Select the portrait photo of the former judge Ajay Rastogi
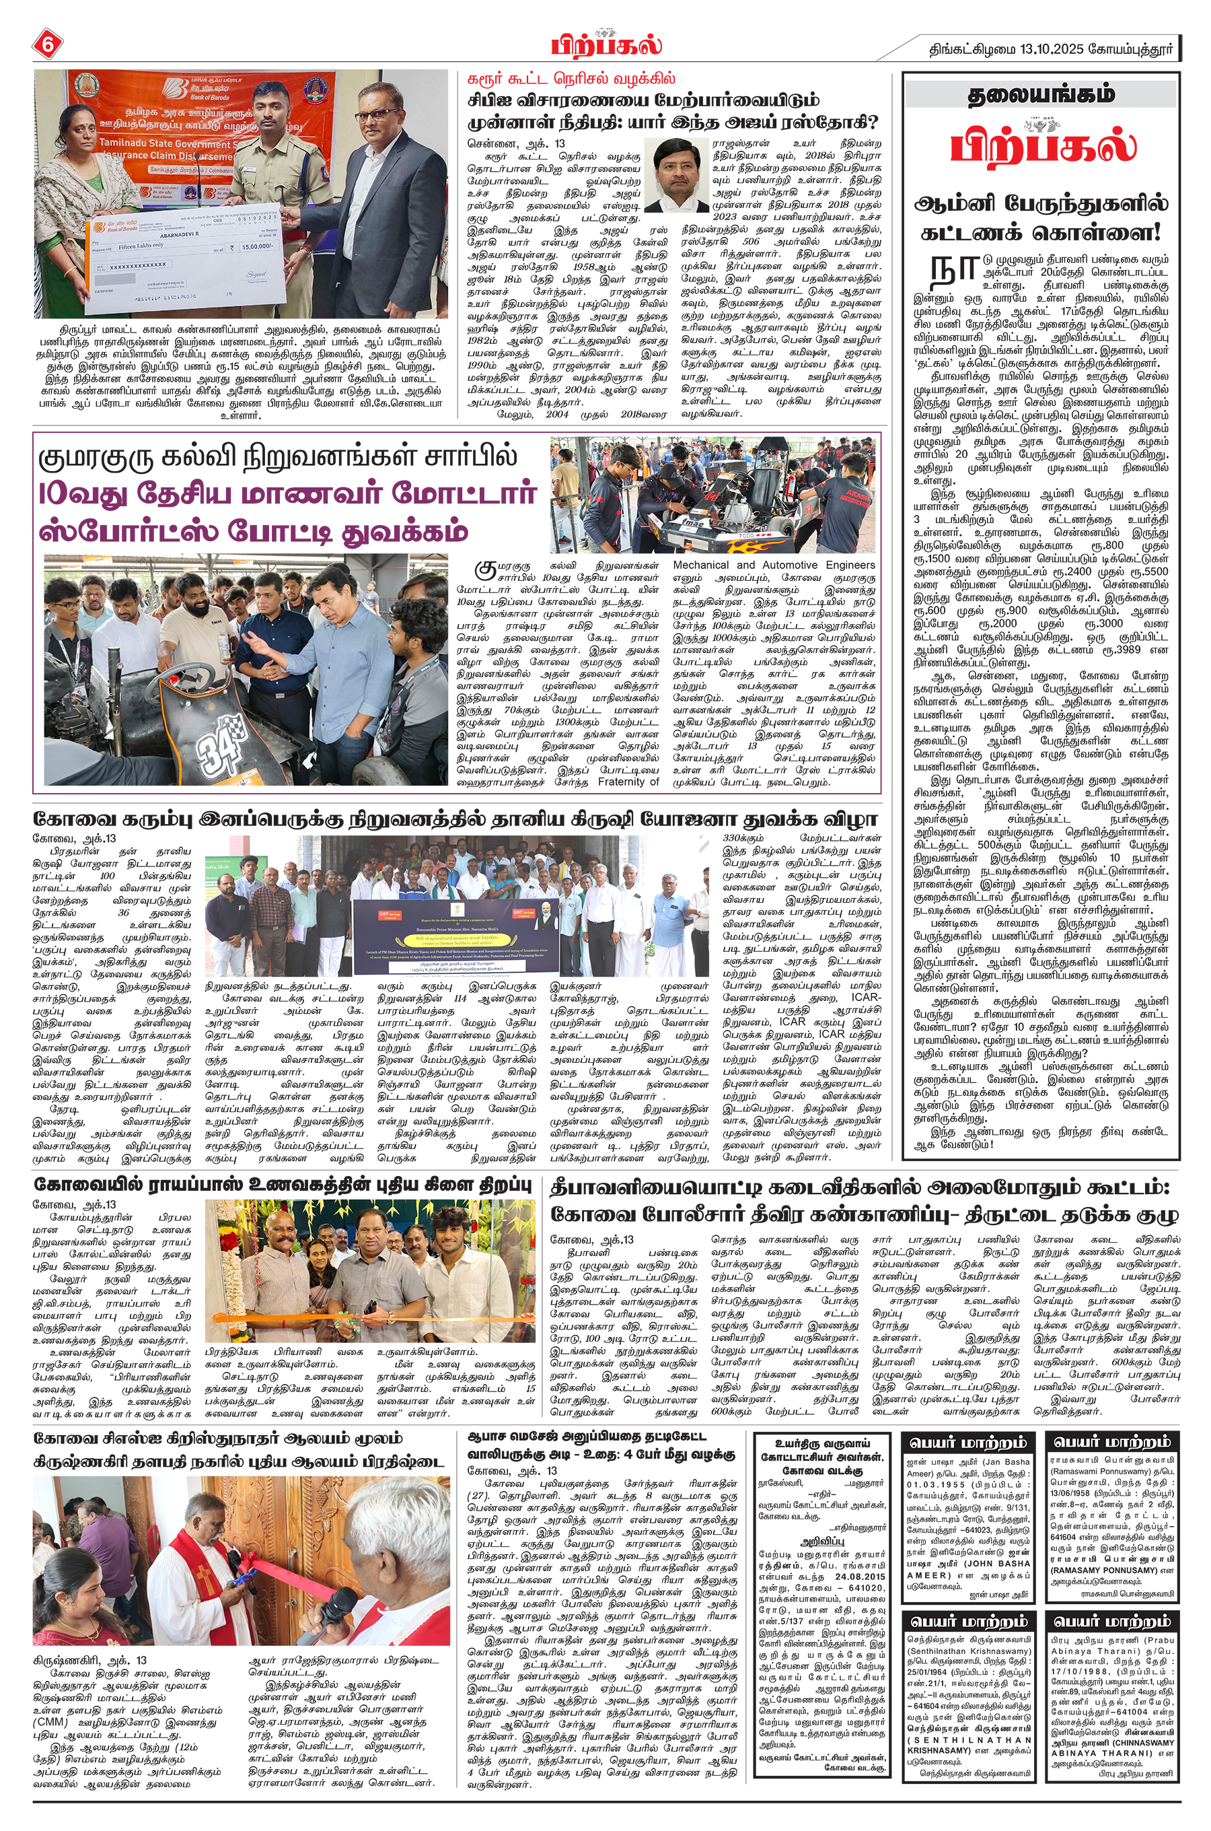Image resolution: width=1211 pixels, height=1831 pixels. (677, 176)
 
